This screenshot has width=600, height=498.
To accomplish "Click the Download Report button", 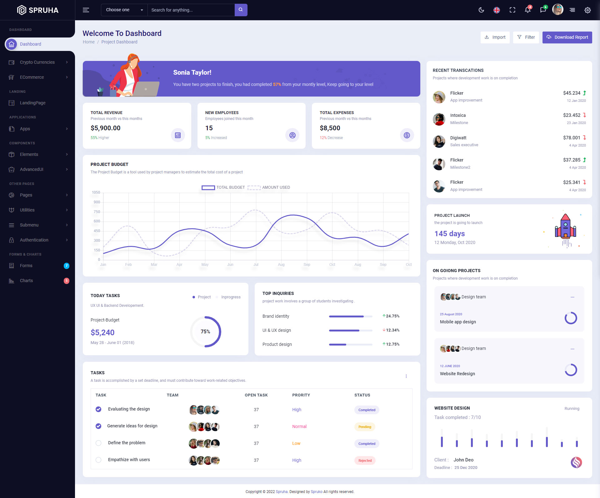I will point(567,37).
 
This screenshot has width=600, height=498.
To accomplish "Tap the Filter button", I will point(526,37).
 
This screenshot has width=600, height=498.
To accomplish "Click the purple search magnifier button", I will point(241,10).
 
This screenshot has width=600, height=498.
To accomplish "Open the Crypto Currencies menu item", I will point(37,62).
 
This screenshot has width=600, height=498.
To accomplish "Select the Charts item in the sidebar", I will point(26,281).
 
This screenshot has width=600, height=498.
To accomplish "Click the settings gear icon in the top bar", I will point(587,10).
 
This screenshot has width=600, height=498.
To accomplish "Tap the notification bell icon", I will point(527,10).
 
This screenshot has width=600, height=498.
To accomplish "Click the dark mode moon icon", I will point(481,10).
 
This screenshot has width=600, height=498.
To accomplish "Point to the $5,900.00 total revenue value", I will point(106,128).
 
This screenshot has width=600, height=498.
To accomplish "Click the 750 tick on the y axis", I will point(97,212).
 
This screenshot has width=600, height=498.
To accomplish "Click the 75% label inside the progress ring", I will point(205,331).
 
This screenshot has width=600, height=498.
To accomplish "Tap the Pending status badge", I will point(365,427).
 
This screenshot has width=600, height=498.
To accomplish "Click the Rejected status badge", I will point(365,461).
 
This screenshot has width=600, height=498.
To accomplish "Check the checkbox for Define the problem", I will point(98,443).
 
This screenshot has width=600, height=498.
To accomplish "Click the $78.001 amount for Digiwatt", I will point(572,138).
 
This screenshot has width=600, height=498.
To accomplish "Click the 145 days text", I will point(449,234).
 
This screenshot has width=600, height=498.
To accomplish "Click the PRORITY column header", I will point(301,395).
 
